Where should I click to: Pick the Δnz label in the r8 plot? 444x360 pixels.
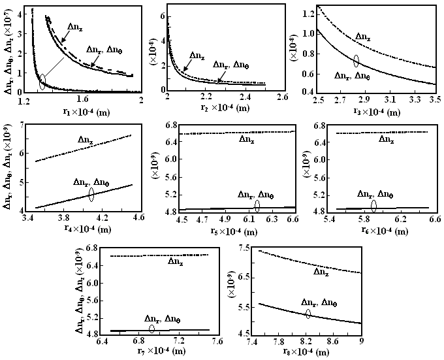point(321,271)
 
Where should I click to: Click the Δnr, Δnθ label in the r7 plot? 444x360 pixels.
point(162,318)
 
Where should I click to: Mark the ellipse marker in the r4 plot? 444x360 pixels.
point(91,193)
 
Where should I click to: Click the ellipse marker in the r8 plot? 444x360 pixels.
point(308,313)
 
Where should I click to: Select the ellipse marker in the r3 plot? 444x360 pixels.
point(356,61)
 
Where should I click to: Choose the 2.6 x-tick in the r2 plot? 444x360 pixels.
point(283,97)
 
